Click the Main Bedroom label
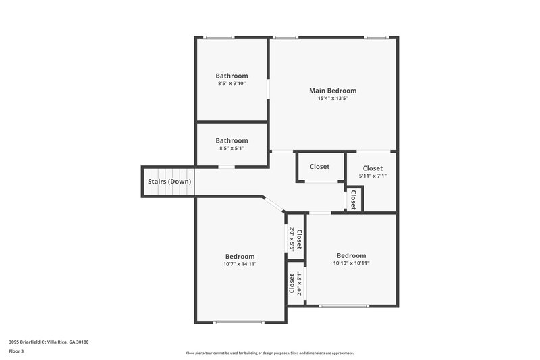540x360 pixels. [333, 91]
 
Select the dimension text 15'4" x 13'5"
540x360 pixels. [333, 98]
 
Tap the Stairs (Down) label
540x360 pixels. [169, 182]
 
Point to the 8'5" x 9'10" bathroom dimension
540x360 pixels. [232, 84]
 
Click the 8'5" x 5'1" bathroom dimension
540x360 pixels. [232, 148]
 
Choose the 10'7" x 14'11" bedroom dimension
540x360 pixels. [240, 264]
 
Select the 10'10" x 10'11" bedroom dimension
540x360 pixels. [351, 263]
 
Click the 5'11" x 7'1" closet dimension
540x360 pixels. [373, 176]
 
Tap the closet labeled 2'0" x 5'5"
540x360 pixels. [295, 238]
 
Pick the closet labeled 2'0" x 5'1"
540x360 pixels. [295, 284]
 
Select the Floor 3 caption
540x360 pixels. [17, 351]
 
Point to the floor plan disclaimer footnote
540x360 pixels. [269, 353]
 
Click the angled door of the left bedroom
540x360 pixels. [274, 204]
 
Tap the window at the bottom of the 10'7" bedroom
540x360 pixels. [238, 322]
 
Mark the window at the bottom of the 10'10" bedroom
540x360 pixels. [344, 306]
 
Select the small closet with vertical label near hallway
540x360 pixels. [352, 199]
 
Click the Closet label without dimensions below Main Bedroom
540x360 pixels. [319, 167]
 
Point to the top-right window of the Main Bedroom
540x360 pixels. [375, 37]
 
